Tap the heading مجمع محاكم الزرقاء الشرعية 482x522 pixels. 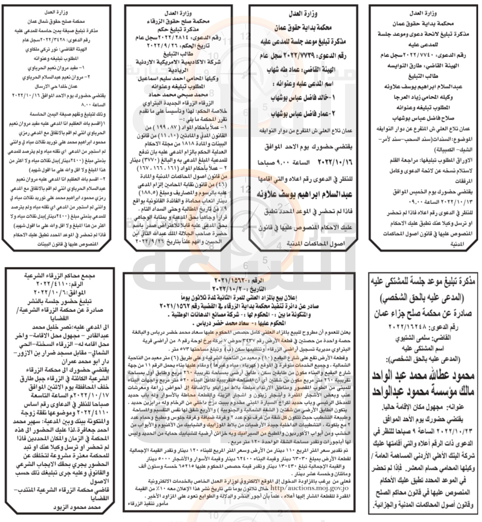tap(59, 276)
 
